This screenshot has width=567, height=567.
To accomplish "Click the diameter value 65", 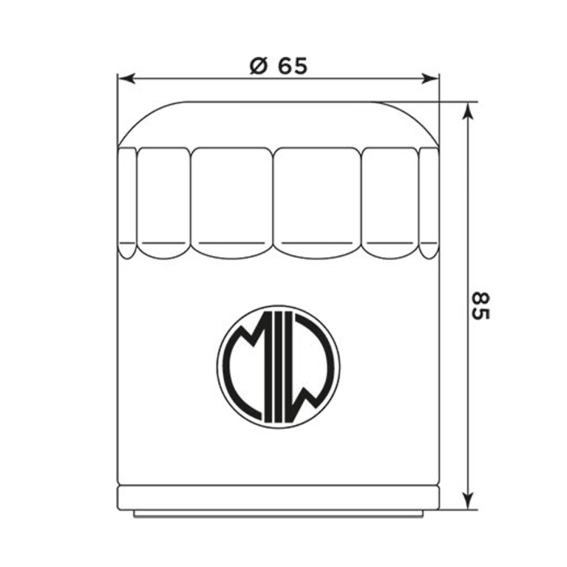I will coord(293,66).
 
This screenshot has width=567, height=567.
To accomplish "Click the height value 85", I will coord(480,306).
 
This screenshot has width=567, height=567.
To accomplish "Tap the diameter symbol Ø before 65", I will coord(259,67).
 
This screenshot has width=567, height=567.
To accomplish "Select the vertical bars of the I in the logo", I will coord(278,366).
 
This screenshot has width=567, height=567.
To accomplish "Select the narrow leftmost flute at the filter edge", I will coord(127,201).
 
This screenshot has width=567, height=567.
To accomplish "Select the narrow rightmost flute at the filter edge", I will coord(429,201).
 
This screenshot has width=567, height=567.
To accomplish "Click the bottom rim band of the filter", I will coord(278,497).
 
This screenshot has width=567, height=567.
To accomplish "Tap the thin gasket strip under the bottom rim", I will coord(278,513).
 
